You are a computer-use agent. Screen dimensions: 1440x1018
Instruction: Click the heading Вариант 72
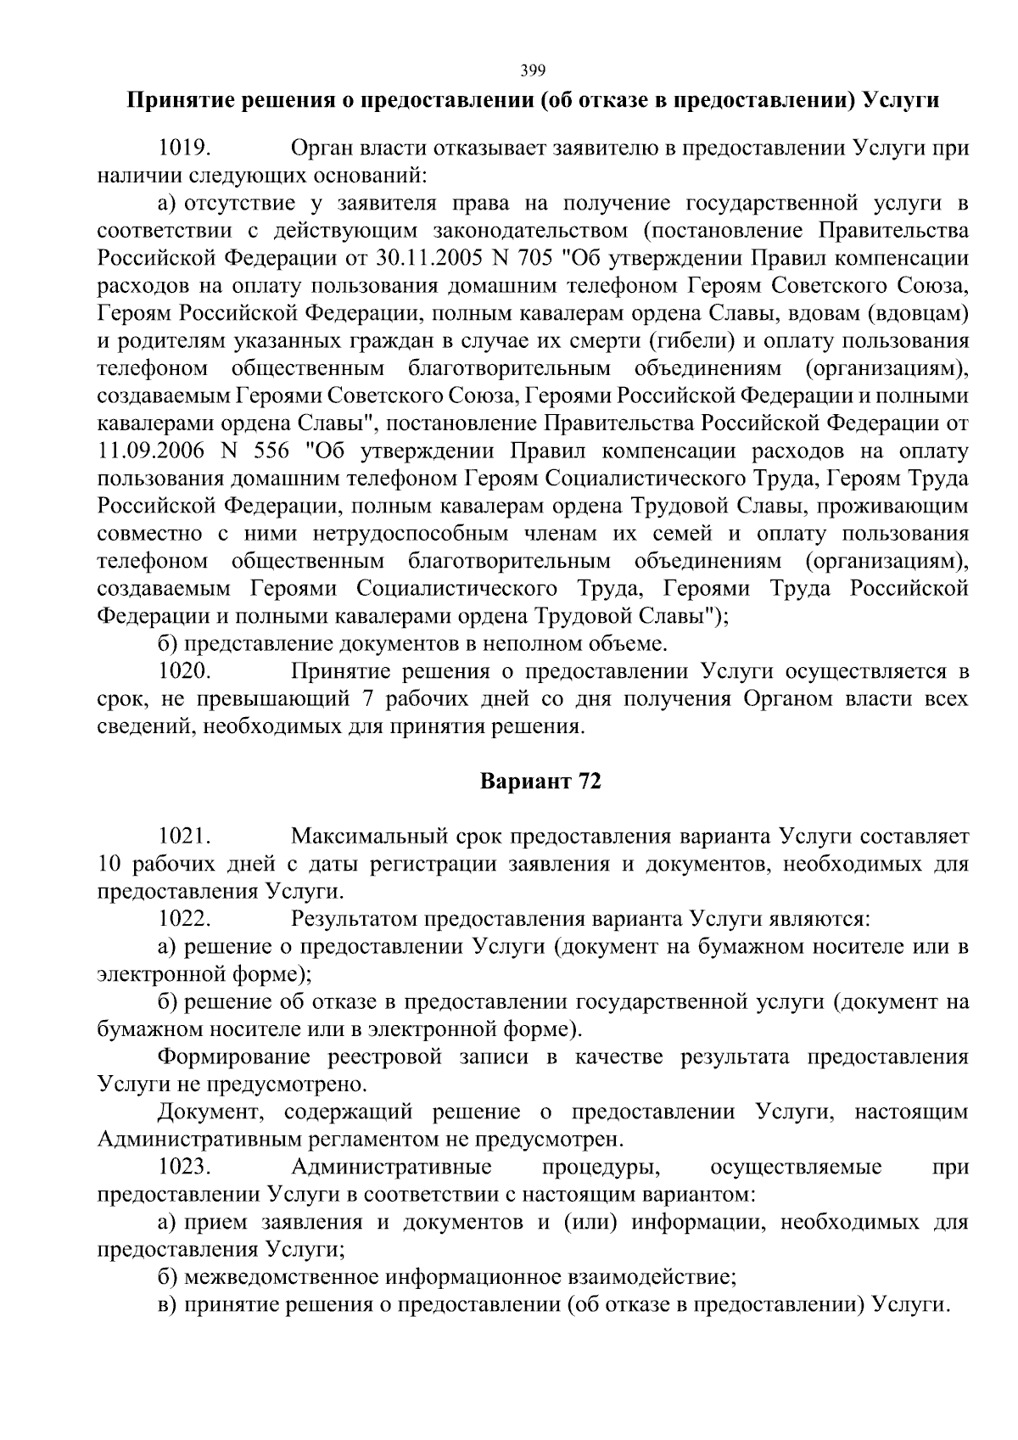[x=540, y=782]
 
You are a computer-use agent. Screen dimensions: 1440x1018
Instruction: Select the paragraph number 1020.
[x=184, y=671]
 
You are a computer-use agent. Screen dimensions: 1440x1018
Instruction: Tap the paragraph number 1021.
[x=184, y=837]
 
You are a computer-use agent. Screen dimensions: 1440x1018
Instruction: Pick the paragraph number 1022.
[x=184, y=919]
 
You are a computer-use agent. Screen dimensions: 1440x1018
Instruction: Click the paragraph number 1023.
[x=184, y=1168]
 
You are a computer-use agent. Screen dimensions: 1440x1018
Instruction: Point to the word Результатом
[x=354, y=919]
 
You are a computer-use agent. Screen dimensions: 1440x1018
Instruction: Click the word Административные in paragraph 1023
[x=391, y=1168]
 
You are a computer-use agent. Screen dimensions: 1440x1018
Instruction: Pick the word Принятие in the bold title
[x=173, y=101]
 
